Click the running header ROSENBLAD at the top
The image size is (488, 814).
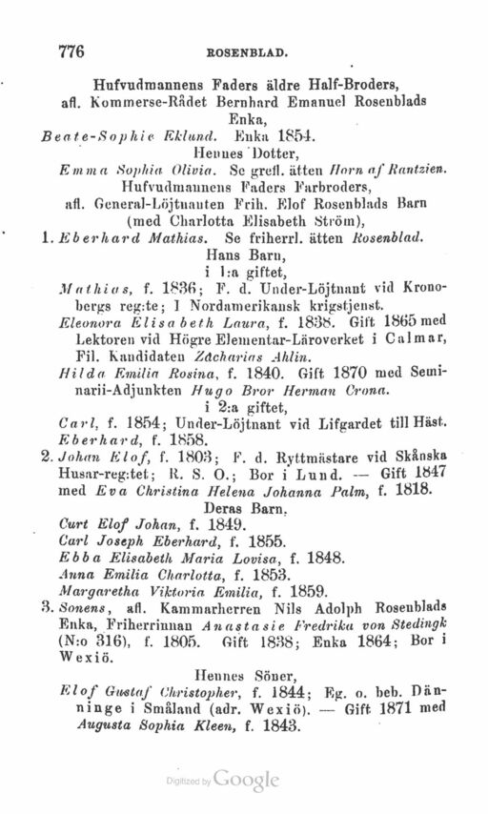pos(256,55)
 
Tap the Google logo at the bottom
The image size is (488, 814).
pos(246,779)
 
